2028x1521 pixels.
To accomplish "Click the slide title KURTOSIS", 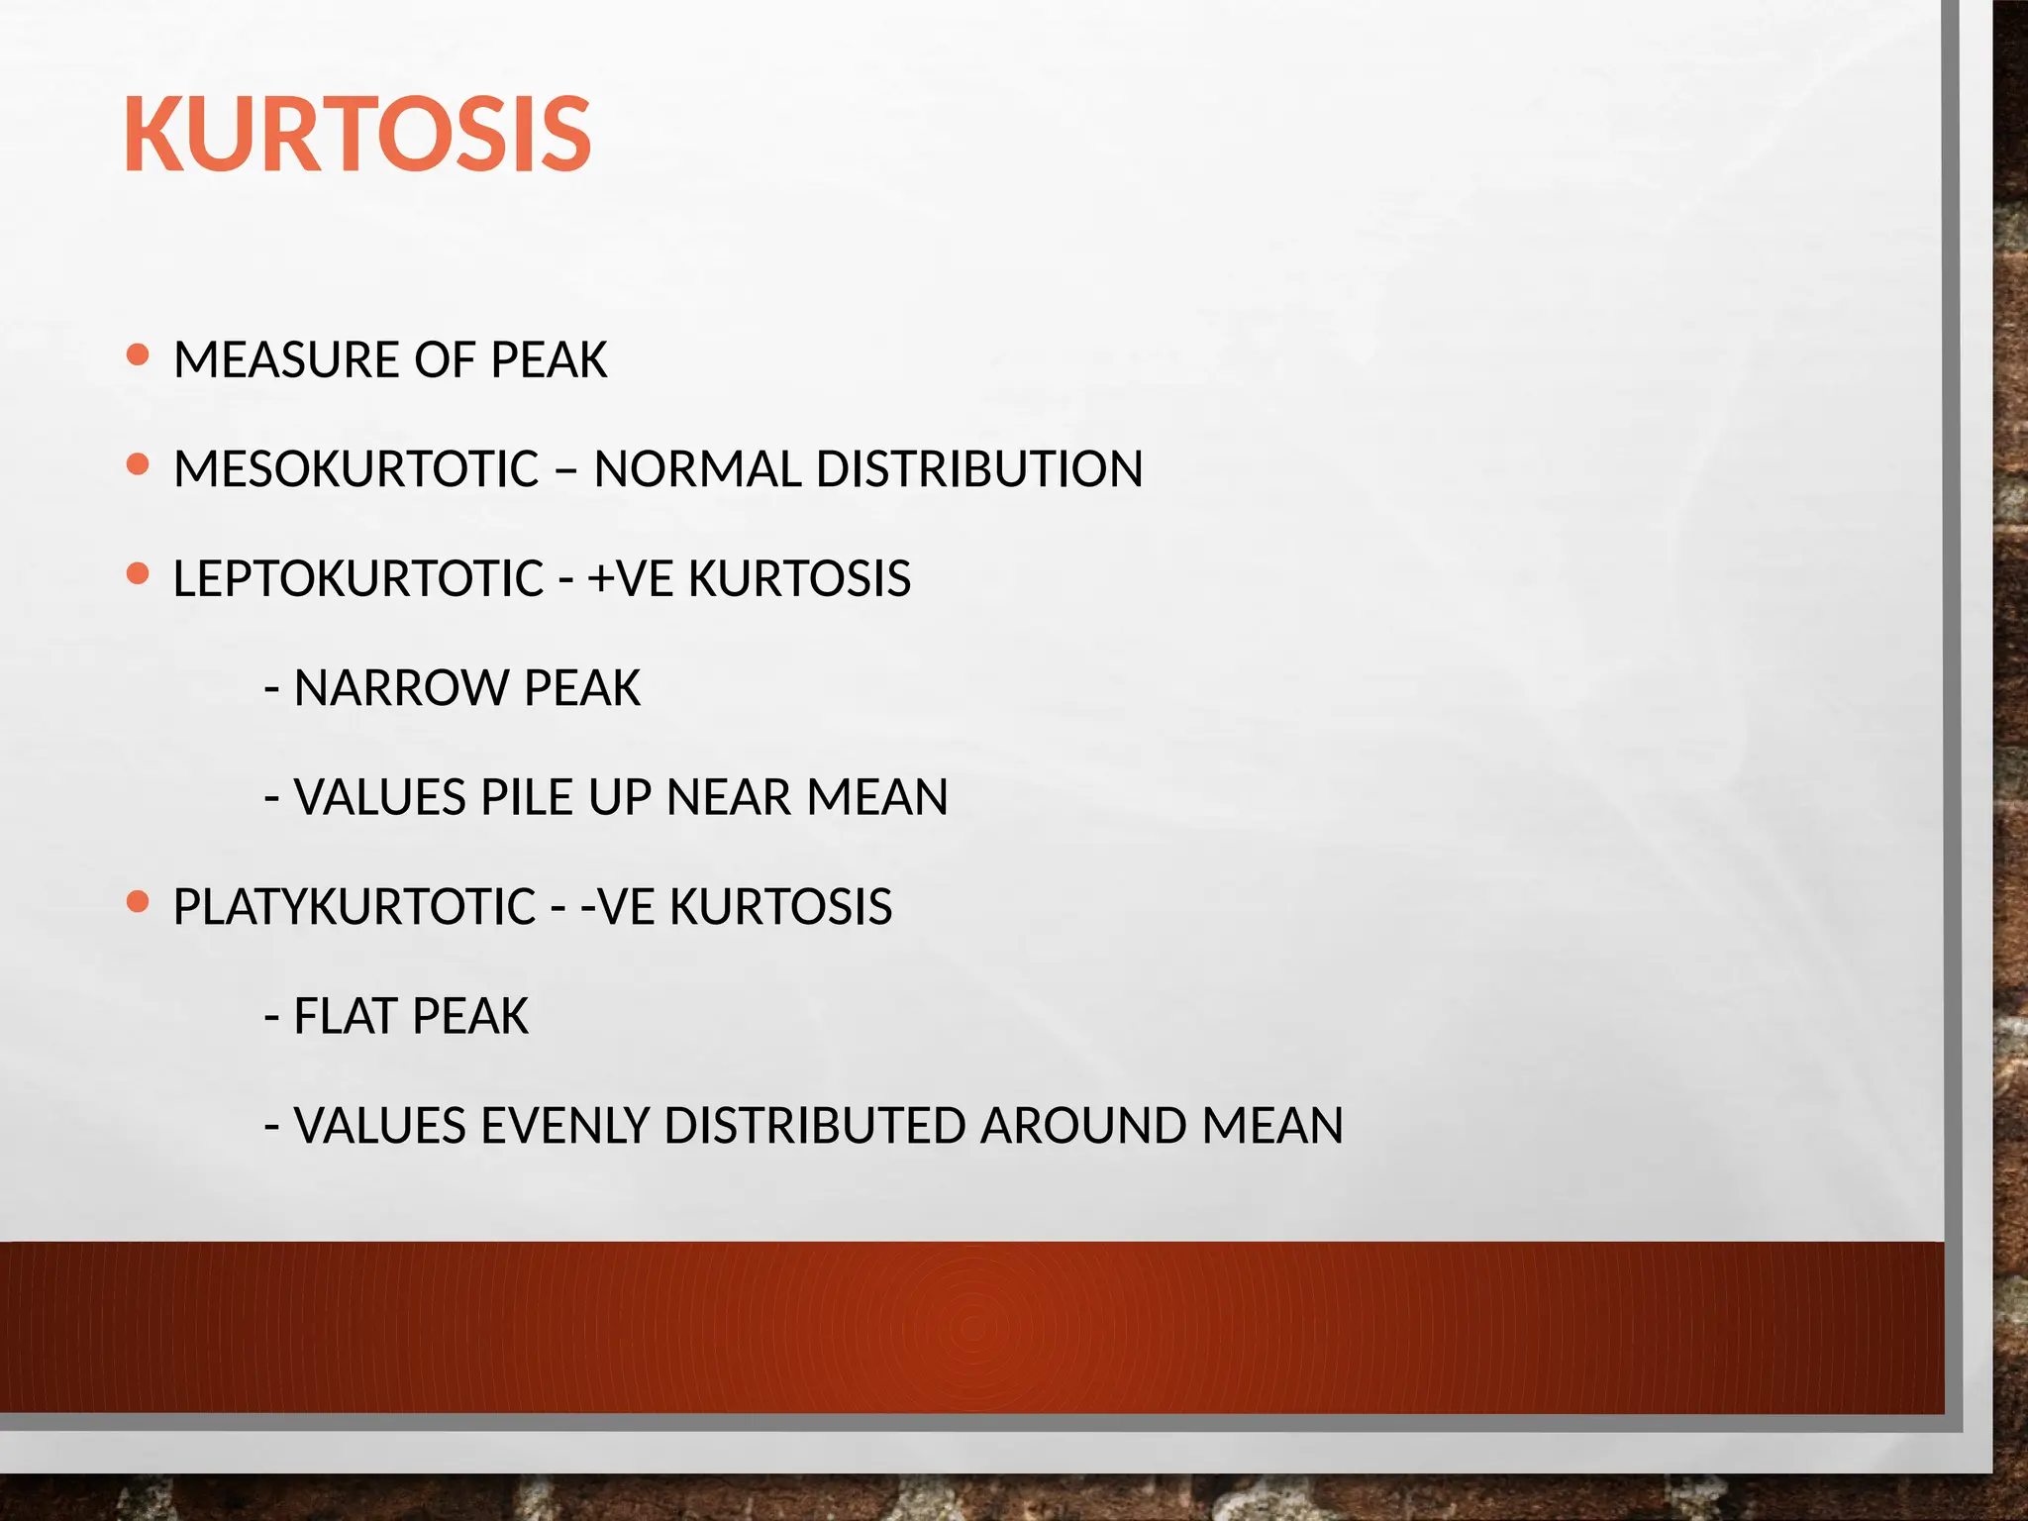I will point(357,135).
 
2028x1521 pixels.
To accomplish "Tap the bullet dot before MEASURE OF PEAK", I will point(139,355).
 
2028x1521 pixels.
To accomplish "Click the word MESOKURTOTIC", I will point(355,469).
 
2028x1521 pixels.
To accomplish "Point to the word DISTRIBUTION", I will point(978,469).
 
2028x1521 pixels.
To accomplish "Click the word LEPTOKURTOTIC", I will point(358,579).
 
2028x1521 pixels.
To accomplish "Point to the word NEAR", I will point(728,798).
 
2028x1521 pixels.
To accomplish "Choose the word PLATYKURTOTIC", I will point(355,907).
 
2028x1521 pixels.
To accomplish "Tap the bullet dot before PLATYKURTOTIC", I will point(139,902).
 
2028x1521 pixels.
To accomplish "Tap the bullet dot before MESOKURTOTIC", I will point(139,464).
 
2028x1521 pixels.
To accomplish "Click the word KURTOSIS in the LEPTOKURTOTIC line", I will point(799,579).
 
